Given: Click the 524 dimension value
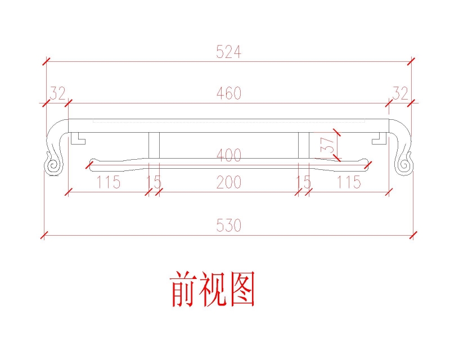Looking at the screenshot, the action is point(228,52).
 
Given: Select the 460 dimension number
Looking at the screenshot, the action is point(229,93).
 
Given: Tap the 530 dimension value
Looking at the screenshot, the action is point(228,226).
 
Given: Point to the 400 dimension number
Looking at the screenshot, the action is point(229,155).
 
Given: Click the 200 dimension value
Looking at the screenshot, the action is point(229,182).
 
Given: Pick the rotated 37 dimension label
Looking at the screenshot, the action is point(327,145).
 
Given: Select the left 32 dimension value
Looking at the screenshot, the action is point(58,93).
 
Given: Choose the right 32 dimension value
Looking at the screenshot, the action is point(400,93).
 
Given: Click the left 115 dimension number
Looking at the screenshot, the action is point(108,182).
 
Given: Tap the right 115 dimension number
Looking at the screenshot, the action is point(349,182).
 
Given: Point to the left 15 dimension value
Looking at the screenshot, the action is point(154,182).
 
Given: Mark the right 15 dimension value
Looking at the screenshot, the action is point(304,182).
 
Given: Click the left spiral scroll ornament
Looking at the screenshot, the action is point(53,165).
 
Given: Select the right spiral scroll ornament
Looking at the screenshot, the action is point(404,165).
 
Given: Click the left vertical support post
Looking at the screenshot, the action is point(154,145).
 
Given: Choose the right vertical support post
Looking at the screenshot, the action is point(304,145).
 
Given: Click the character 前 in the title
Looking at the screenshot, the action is point(184,289).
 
